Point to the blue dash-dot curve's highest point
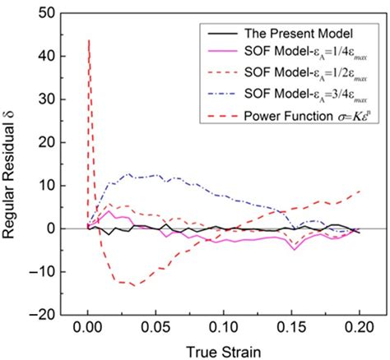pyautogui.click(x=128, y=174)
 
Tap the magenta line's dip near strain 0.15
pyautogui.click(x=295, y=249)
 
